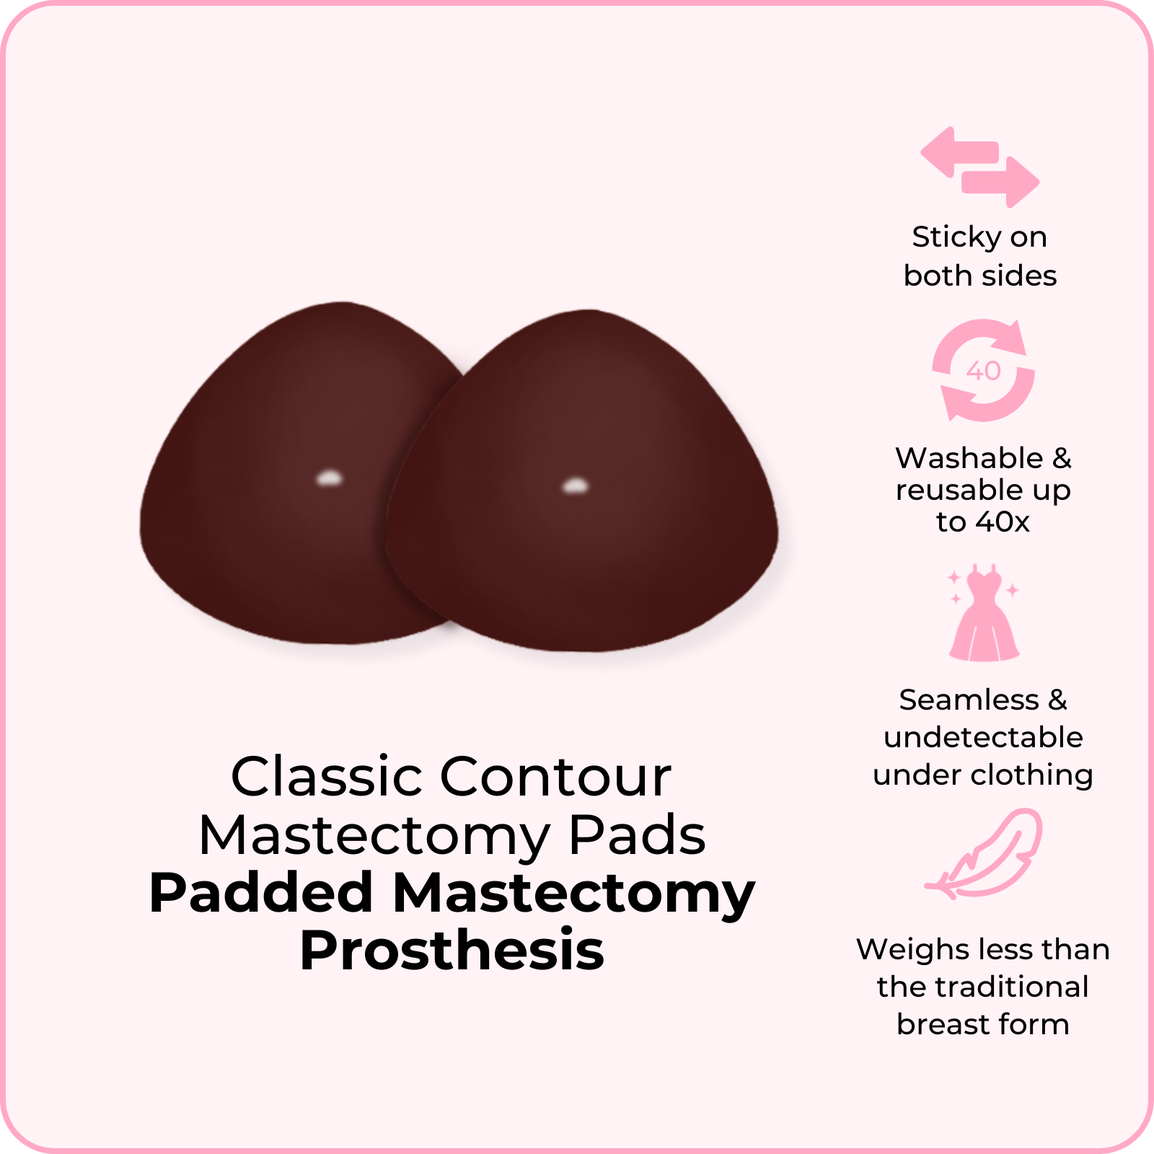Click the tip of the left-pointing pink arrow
(922, 152)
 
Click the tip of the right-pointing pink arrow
(1039, 182)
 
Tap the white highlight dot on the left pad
(330, 477)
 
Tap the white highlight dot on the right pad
(575, 485)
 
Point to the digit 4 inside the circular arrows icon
(975, 371)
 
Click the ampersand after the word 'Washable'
(1062, 458)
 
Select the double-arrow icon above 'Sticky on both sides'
(980, 167)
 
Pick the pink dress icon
(984, 613)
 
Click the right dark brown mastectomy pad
(582, 481)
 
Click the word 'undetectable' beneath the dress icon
(983, 737)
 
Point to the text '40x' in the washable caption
(1003, 521)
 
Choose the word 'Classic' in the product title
(327, 777)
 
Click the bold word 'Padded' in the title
(261, 892)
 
